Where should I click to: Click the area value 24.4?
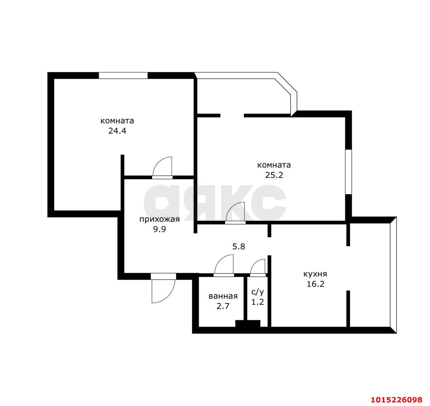tap(117, 131)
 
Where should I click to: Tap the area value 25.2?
tap(274, 175)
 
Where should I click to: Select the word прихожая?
tap(159, 220)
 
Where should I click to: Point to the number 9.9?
tap(160, 229)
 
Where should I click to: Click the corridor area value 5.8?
tap(239, 247)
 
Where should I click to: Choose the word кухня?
tap(315, 274)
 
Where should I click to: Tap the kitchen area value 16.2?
tap(315, 284)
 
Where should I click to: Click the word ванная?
tap(223, 296)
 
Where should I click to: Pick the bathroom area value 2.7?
tap(223, 306)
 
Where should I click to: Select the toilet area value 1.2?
tap(258, 302)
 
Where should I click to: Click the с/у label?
tap(258, 292)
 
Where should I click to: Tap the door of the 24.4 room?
tap(162, 167)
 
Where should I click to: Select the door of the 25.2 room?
tap(235, 212)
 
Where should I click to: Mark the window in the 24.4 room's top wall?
tap(123, 75)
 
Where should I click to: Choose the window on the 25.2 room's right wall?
tap(348, 172)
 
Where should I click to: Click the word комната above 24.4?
tap(117, 121)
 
